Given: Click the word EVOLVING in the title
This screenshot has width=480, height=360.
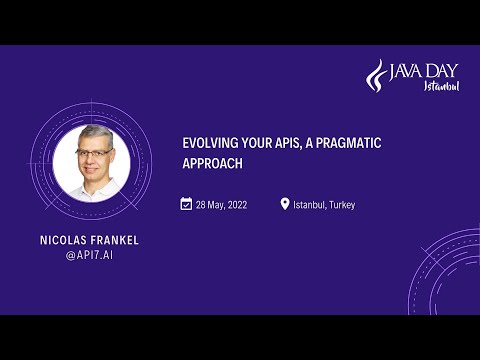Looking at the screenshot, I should pyautogui.click(x=207, y=142).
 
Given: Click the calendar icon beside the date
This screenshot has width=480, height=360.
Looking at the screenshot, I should pyautogui.click(x=186, y=204).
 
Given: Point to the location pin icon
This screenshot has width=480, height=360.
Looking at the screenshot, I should pyautogui.click(x=285, y=204).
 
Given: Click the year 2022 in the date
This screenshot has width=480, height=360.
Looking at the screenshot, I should pyautogui.click(x=235, y=205).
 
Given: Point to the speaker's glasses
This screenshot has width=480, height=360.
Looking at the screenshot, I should pyautogui.click(x=95, y=155).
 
